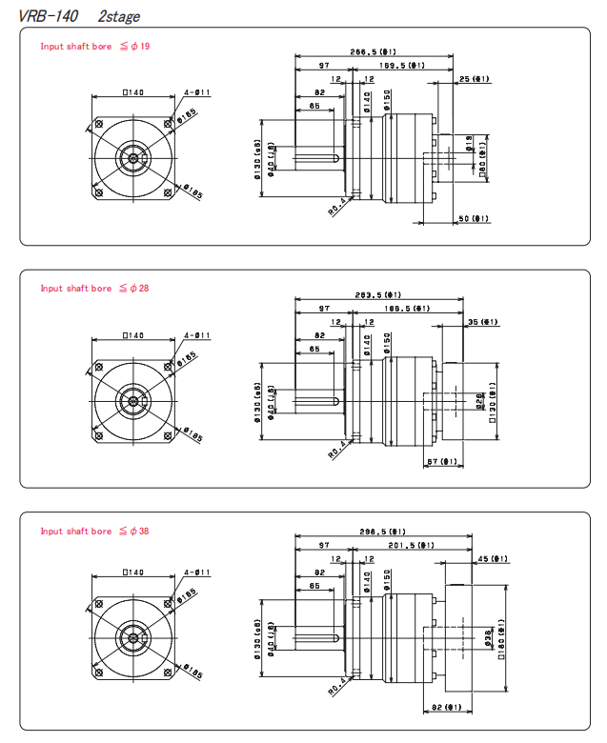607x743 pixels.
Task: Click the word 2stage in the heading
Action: (118, 16)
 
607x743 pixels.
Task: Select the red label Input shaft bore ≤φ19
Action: (94, 47)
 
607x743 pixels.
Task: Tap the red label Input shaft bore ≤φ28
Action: (94, 289)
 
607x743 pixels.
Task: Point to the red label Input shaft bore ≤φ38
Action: (94, 532)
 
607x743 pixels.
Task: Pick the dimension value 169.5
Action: (401, 66)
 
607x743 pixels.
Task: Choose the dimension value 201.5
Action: (412, 546)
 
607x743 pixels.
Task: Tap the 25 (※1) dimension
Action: (474, 79)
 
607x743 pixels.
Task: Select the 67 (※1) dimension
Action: (443, 462)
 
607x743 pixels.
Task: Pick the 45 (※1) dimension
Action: (495, 559)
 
